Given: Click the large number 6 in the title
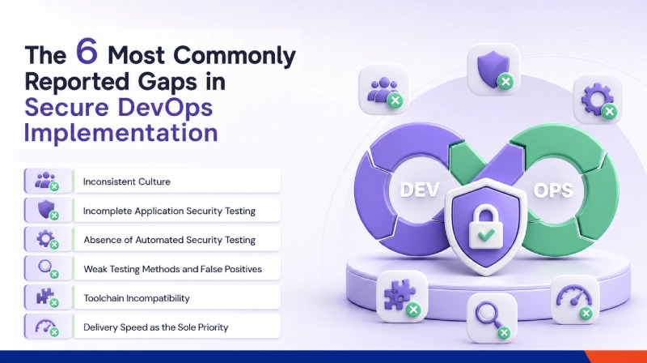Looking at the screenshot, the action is point(87,51).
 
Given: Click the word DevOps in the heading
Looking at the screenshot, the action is point(165,107).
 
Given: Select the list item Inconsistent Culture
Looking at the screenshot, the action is point(127,181).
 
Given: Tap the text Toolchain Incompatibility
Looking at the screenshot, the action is point(137,298).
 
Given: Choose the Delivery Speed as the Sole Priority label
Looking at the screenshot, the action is point(156,327).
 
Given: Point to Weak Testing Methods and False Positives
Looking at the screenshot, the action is point(172,269).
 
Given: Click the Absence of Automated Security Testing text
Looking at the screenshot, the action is point(170,240).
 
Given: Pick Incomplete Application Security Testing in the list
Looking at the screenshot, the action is point(169,211).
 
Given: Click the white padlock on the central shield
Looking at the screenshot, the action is point(486,228).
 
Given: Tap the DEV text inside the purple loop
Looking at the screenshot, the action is point(419,190).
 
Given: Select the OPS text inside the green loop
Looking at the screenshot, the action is point(553,190).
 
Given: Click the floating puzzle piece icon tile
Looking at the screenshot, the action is point(401,296).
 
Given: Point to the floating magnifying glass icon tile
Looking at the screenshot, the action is point(492,318).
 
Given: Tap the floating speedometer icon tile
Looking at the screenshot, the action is point(575,299).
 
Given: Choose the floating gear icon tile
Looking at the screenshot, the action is point(598,99).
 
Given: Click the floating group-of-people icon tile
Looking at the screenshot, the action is point(383,90).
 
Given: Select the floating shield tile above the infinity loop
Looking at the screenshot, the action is point(493,70).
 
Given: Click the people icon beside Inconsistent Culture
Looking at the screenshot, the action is point(46,181).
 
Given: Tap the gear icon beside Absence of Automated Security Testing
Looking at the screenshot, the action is point(46,239).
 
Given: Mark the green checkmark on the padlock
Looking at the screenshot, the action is point(486,235).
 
